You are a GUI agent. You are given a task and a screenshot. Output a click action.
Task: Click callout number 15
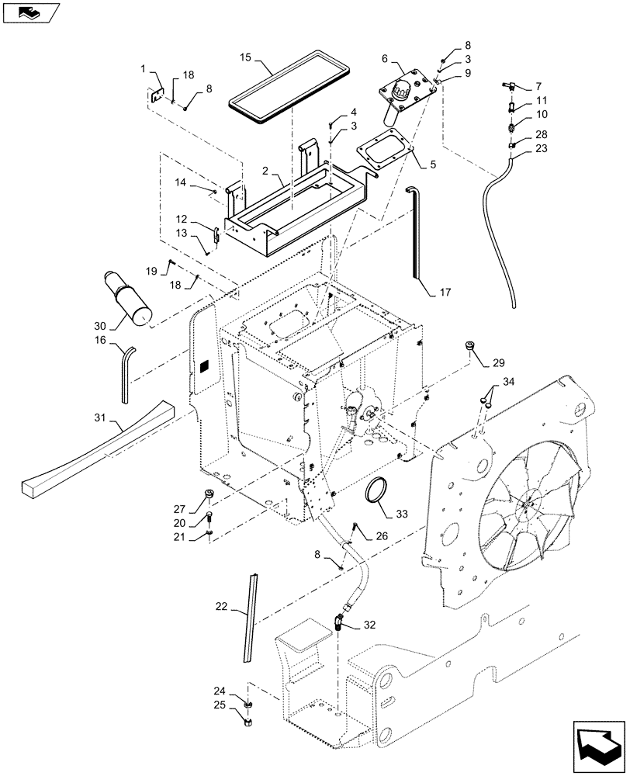click(x=246, y=57)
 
